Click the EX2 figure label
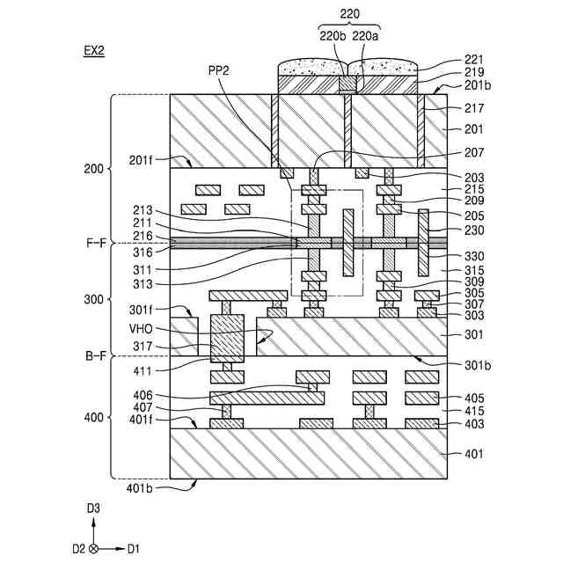pos(94,51)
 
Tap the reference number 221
pos(474,60)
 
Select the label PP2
pos(219,70)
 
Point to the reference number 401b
pos(139,488)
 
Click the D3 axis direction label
pos(93,508)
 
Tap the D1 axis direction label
pos(133,549)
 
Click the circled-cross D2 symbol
pos(93,549)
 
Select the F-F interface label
pos(96,243)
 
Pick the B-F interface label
pos(96,355)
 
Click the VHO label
pos(141,329)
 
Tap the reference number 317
pos(143,347)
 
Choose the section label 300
pos(93,299)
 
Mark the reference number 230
pos(474,230)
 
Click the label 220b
pos(333,36)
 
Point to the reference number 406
pos(143,395)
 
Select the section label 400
pos(93,418)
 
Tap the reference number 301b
pos(478,366)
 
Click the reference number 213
pos(143,210)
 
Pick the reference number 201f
pos(141,160)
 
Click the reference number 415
pos(474,411)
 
